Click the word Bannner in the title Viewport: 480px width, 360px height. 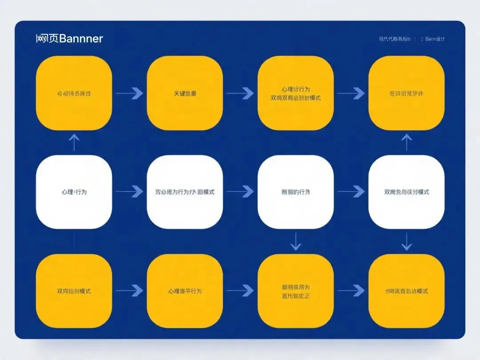click(x=81, y=39)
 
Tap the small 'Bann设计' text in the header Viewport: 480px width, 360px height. click(x=435, y=39)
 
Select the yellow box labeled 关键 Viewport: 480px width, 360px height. click(x=184, y=93)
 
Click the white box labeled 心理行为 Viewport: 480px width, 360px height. click(x=74, y=192)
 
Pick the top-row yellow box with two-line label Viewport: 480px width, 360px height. click(x=296, y=93)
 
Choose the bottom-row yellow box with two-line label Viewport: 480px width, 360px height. click(x=296, y=291)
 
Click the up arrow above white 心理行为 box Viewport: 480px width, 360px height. click(x=74, y=143)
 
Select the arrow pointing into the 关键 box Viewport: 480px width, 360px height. click(x=129, y=93)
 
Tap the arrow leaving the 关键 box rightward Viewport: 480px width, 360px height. click(x=240, y=93)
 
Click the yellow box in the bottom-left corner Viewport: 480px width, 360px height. click(x=74, y=291)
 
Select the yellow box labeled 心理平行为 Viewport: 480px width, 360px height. click(x=184, y=291)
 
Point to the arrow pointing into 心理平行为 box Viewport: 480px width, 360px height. click(x=129, y=291)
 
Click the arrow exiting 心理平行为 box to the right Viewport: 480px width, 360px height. click(x=240, y=291)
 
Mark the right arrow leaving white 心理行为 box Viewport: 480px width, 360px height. click(x=129, y=192)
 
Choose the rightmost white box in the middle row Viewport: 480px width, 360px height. click(x=406, y=192)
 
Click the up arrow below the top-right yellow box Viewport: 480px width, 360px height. click(x=406, y=143)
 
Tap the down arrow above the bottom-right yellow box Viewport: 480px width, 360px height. click(x=406, y=241)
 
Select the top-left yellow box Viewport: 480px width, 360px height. click(x=74, y=93)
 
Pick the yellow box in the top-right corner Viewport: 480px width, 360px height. click(x=406, y=93)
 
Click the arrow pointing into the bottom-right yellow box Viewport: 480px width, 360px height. click(x=351, y=291)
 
